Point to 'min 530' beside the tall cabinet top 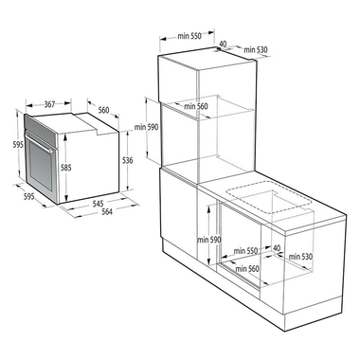(253, 49)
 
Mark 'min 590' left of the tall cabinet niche (146, 127)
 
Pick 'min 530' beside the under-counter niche (300, 257)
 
